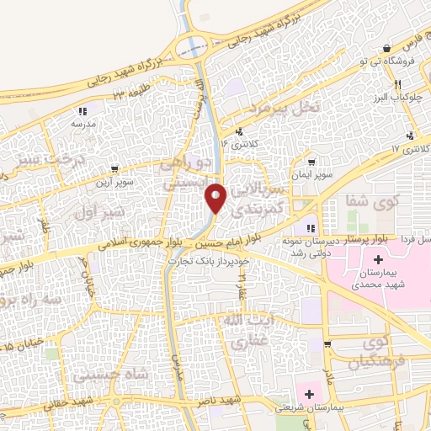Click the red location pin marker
pyautogui.click(x=216, y=198)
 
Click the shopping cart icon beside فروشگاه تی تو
pyautogui.click(x=386, y=47)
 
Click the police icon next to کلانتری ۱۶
pyautogui.click(x=241, y=130)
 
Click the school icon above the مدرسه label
pyautogui.click(x=82, y=111)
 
